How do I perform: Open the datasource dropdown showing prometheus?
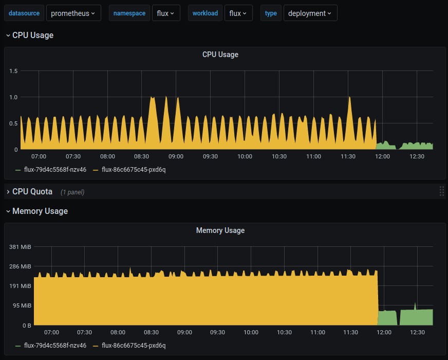(x=73, y=13)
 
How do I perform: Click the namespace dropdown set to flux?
(x=166, y=13)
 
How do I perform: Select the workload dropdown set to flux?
(x=238, y=13)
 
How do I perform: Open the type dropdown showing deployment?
(x=310, y=13)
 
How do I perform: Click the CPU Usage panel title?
(x=220, y=55)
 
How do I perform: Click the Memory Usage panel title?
(x=220, y=230)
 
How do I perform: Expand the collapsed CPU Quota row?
(x=32, y=192)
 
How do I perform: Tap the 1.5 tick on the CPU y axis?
(x=13, y=71)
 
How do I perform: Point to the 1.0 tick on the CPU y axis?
(x=13, y=97)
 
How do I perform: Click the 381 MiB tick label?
(x=21, y=247)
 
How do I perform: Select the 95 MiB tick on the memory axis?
(x=22, y=305)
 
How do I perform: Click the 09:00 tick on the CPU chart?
(x=176, y=156)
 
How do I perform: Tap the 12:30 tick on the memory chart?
(x=417, y=332)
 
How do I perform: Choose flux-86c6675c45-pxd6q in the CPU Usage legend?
(x=134, y=169)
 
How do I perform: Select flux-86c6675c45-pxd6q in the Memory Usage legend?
(x=134, y=346)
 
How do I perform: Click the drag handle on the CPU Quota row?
(x=441, y=191)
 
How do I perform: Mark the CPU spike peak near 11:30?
(x=349, y=97)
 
